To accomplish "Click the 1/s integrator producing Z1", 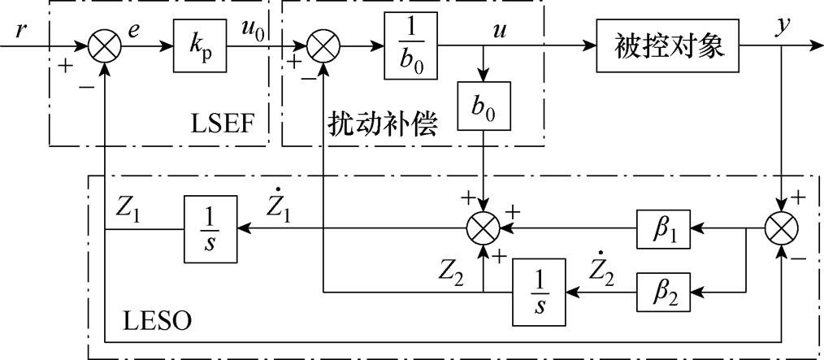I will [210, 231].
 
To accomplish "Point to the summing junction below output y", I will [782, 231].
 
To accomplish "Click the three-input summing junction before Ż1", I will [484, 231].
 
